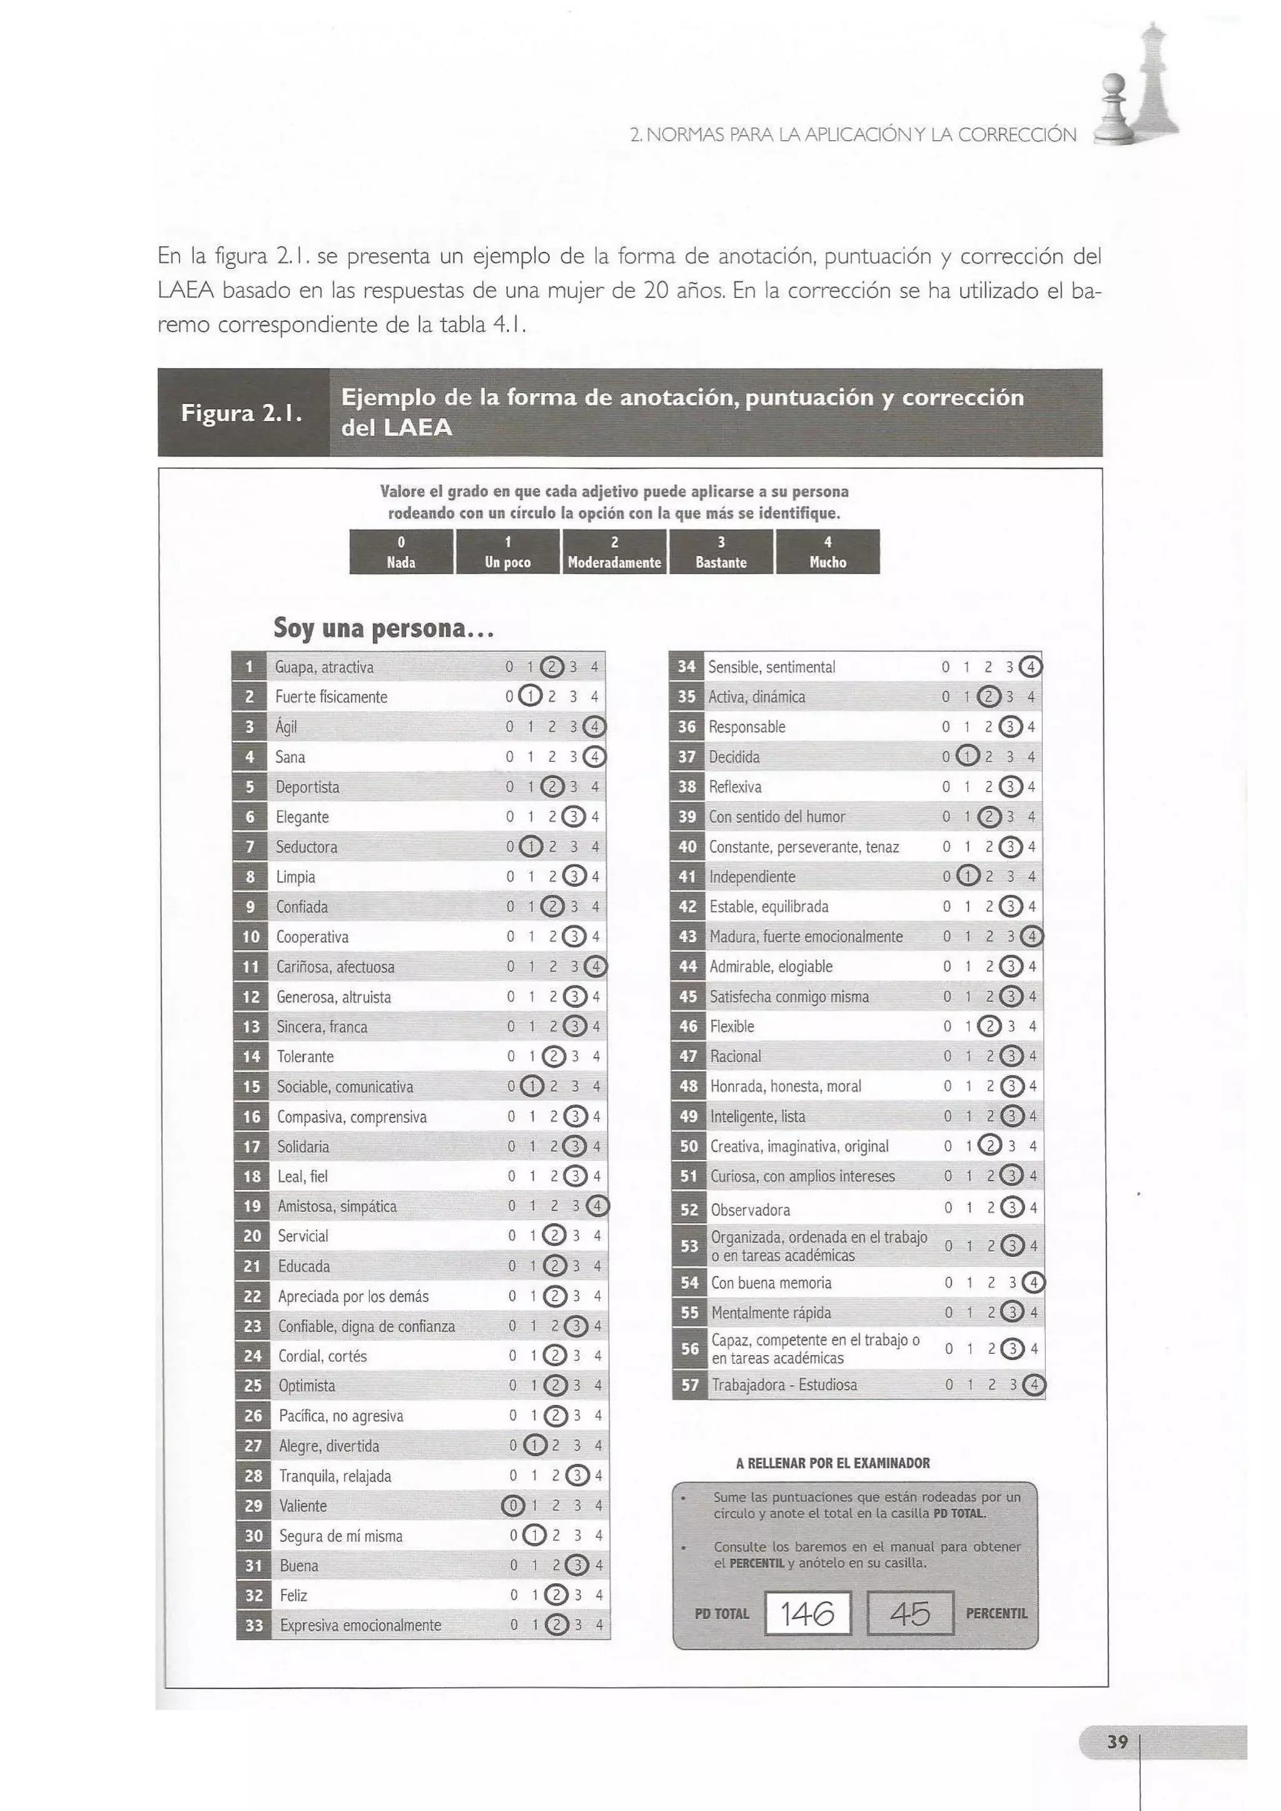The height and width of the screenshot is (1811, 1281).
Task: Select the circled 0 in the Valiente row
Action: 513,1506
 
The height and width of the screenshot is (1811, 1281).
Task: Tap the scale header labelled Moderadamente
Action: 614,552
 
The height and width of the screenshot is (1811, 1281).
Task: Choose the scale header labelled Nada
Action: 402,552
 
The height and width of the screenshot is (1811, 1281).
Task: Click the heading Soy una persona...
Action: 384,628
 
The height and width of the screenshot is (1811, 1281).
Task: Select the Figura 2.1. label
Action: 242,413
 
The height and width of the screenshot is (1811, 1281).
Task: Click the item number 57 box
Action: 690,1385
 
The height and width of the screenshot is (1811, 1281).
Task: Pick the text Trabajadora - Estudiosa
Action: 784,1385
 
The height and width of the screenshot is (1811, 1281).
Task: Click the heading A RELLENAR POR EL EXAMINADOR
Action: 833,1463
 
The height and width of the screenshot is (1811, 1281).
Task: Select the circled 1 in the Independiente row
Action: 968,876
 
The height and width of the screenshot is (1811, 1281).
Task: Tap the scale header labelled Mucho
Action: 828,552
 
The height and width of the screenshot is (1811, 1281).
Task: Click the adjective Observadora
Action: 750,1210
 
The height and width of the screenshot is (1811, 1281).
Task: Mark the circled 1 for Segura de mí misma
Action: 535,1536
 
